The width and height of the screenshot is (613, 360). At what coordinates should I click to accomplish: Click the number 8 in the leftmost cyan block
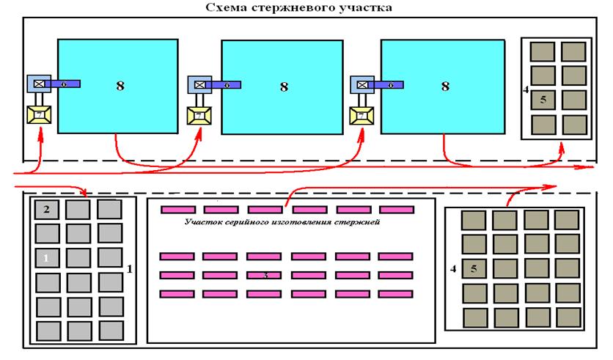(120, 86)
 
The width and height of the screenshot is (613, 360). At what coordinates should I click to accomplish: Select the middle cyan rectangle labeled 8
(282, 87)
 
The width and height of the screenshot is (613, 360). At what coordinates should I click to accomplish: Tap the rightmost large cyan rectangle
(443, 86)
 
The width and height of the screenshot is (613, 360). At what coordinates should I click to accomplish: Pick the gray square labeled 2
(46, 210)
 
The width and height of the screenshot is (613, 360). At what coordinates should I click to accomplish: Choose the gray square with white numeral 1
(46, 257)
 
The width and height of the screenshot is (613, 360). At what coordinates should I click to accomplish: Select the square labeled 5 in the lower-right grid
(474, 269)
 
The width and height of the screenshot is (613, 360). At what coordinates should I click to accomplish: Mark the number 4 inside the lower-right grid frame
(454, 268)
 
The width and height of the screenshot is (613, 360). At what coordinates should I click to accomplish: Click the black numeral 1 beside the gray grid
(130, 268)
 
